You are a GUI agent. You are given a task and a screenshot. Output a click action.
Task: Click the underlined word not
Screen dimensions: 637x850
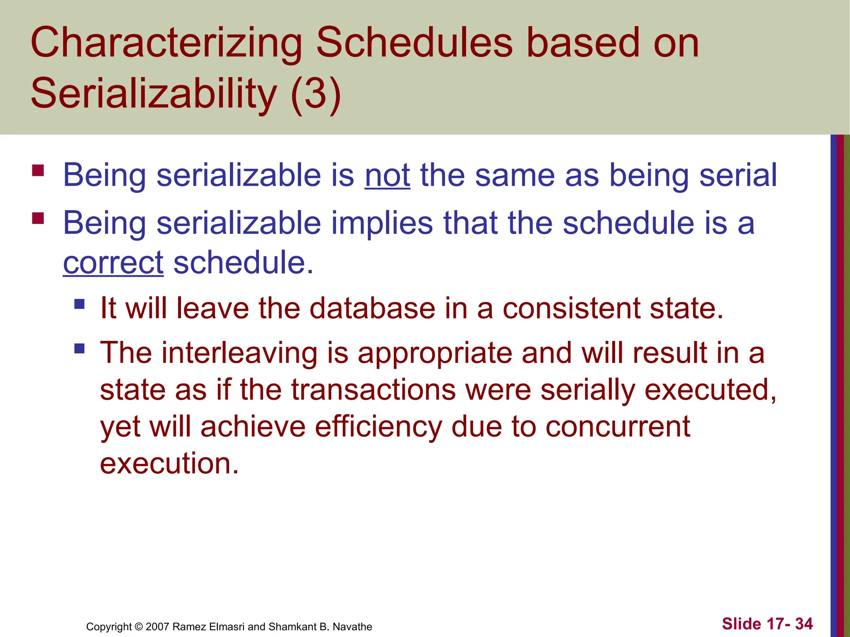coord(387,175)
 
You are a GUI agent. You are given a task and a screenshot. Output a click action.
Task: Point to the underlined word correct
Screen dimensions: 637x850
coord(113,263)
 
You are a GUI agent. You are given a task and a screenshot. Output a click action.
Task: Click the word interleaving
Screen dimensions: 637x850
coord(239,353)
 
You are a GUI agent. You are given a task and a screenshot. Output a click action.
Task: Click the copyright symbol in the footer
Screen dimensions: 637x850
coord(139,627)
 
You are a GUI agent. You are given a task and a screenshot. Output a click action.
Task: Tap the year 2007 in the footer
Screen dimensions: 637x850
coord(157,627)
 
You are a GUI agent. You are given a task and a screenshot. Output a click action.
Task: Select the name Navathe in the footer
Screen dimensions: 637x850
coord(352,627)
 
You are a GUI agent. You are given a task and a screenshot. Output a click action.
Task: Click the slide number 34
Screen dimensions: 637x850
coord(804,624)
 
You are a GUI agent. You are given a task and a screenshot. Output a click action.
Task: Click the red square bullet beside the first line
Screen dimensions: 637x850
coord(38,170)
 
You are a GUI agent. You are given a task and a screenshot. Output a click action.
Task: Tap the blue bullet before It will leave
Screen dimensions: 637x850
coord(79,304)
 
